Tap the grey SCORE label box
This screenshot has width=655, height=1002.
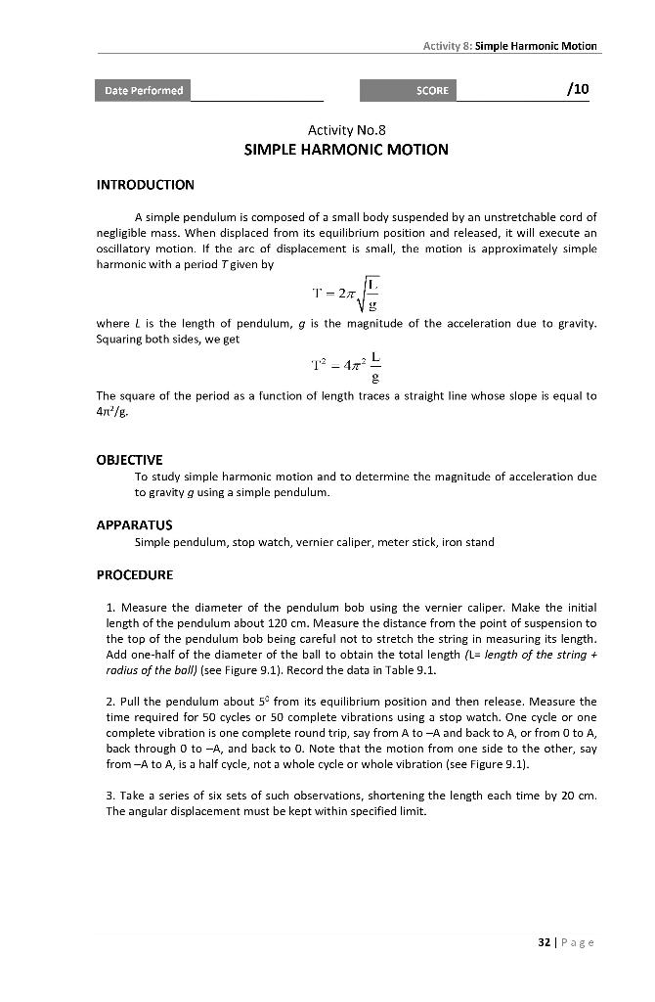tap(407, 91)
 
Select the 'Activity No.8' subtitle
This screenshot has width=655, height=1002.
tap(346, 130)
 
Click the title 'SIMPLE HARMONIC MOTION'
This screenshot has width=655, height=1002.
tap(346, 150)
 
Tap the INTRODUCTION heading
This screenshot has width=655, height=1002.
tap(145, 185)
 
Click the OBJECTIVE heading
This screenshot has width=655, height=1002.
tap(129, 459)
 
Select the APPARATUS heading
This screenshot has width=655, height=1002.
tap(134, 525)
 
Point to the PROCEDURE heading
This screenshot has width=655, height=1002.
tap(134, 574)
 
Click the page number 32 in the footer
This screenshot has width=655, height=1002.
tap(545, 942)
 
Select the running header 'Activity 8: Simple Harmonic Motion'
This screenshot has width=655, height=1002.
tap(509, 46)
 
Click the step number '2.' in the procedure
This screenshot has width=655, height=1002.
tap(110, 702)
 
